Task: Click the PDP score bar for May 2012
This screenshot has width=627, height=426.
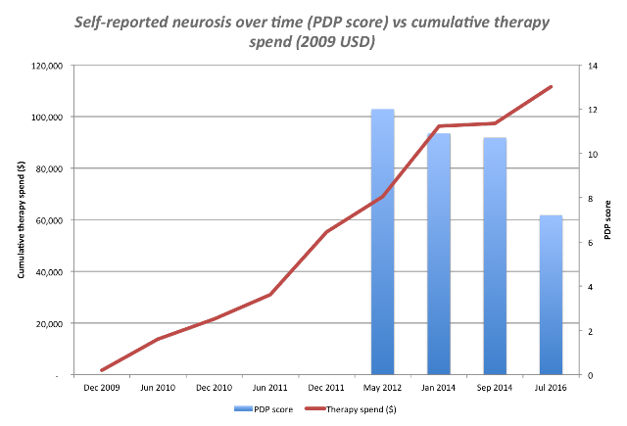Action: pyautogui.click(x=383, y=242)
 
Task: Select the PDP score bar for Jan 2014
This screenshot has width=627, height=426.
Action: pyautogui.click(x=439, y=254)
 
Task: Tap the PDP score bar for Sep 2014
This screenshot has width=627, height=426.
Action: pyautogui.click(x=495, y=257)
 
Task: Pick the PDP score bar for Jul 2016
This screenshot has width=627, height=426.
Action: pyautogui.click(x=551, y=295)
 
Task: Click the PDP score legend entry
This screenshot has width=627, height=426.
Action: pyautogui.click(x=264, y=409)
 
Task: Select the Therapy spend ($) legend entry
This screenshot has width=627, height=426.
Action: pyautogui.click(x=351, y=409)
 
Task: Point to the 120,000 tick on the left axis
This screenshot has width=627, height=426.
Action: pyautogui.click(x=47, y=66)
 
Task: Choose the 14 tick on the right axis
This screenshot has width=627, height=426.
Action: pyautogui.click(x=593, y=66)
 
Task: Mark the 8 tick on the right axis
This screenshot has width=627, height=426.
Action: pyautogui.click(x=590, y=198)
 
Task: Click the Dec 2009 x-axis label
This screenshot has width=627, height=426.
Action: pyautogui.click(x=102, y=388)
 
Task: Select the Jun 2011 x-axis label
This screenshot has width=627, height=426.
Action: pyautogui.click(x=270, y=388)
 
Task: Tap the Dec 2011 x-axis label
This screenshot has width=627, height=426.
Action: pyautogui.click(x=326, y=388)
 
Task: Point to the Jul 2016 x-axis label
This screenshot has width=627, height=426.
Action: pyautogui.click(x=551, y=388)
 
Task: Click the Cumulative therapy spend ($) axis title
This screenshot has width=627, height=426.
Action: pyautogui.click(x=22, y=219)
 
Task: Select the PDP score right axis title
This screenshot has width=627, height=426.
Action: pyautogui.click(x=607, y=219)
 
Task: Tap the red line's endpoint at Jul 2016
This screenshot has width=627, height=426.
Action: pyautogui.click(x=551, y=87)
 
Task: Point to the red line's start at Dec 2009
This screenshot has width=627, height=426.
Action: pyautogui.click(x=102, y=370)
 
